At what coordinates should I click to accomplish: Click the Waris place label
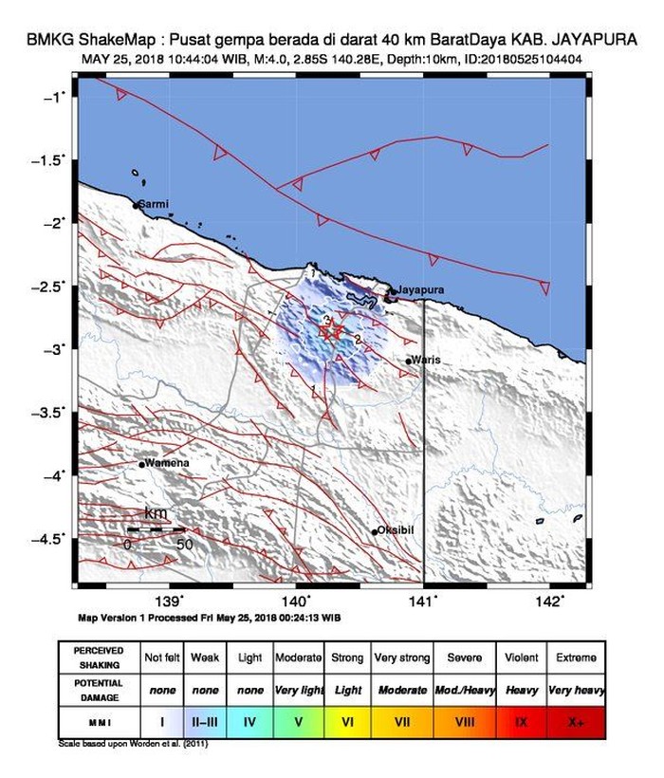pyautogui.click(x=427, y=361)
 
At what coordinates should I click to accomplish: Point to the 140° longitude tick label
pyautogui.click(x=296, y=601)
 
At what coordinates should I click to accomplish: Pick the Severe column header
pyautogui.click(x=463, y=657)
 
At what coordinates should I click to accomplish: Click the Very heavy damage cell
pyautogui.click(x=576, y=690)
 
